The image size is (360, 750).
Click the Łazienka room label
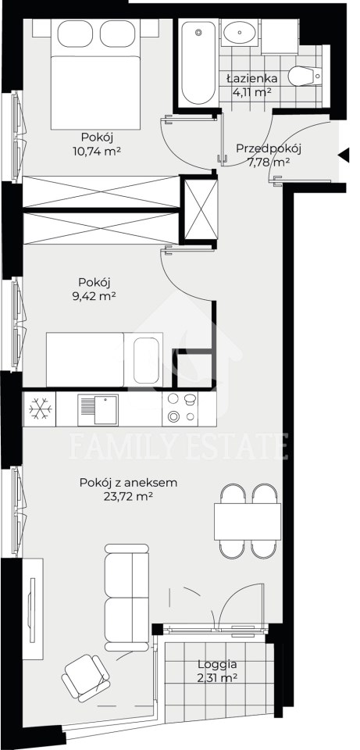coord(251,78)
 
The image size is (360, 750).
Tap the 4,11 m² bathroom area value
coord(252,92)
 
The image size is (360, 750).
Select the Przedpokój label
coord(268,148)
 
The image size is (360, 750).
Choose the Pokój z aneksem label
coord(129,483)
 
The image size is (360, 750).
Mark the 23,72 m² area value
coord(128,497)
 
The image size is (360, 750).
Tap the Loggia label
coord(218,664)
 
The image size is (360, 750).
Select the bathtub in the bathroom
coord(198,62)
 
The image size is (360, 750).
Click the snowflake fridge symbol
coord(40,409)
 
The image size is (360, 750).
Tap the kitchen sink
coord(98,409)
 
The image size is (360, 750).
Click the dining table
coord(248,521)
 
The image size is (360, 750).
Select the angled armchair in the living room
coord(86,677)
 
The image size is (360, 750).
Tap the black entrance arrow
coord(344,155)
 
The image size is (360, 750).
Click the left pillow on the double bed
coord(75,34)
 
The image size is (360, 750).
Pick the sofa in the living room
coord(127,598)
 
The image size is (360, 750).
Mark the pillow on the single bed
coord(146,360)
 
